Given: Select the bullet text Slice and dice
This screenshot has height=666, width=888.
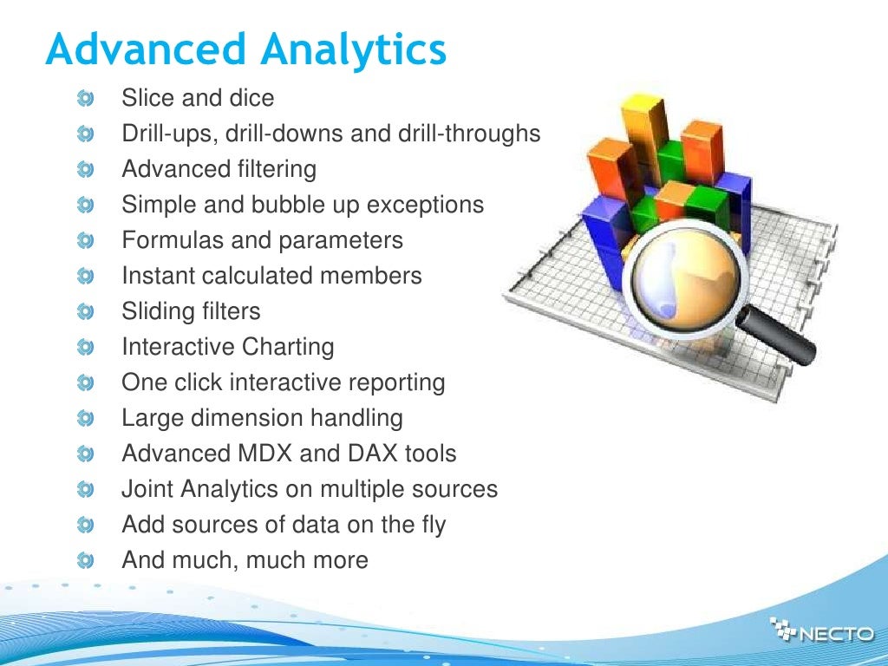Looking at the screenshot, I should tap(198, 98).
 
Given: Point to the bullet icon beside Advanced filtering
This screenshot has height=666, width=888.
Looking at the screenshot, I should tap(84, 169).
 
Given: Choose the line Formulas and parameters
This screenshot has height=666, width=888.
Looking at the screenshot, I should tap(262, 240).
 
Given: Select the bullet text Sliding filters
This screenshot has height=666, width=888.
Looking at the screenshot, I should tap(191, 311).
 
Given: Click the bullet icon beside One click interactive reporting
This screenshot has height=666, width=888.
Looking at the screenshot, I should tap(84, 382).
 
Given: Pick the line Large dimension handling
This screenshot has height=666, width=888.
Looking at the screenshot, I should tap(262, 418).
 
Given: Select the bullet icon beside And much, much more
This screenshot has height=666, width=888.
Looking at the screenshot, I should tap(84, 560).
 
